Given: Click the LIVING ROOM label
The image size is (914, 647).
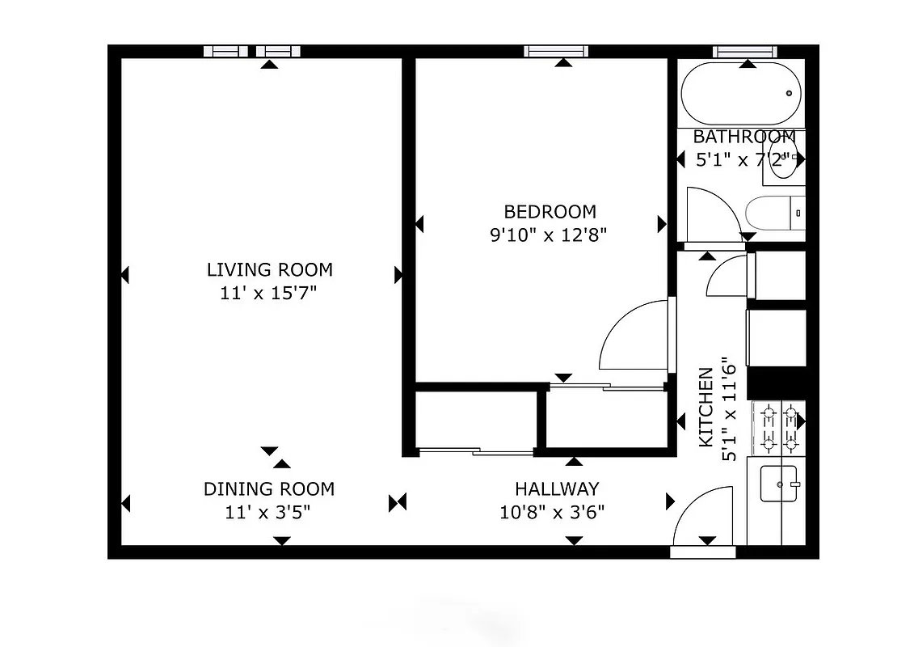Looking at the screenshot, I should click(x=269, y=270).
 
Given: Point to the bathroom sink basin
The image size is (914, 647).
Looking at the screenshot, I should click(x=784, y=158).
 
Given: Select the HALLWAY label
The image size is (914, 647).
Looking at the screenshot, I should click(x=557, y=488).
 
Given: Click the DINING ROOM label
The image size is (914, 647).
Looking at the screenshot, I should click(x=268, y=488).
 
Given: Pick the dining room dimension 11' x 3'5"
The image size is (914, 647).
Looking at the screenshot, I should click(x=268, y=512).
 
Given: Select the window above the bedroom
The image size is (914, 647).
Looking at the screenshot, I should click(x=555, y=51).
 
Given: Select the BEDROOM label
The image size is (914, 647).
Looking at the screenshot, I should click(x=550, y=212).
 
